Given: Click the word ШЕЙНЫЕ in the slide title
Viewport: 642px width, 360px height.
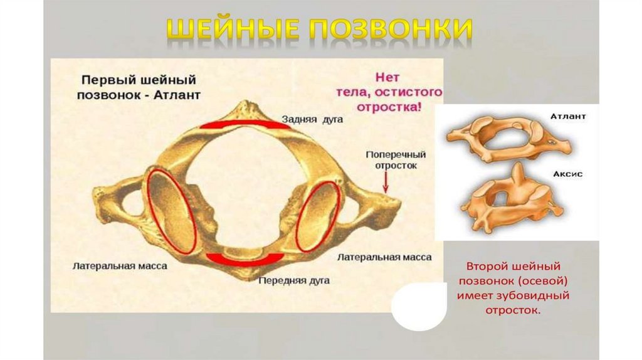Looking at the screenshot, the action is click(235, 31).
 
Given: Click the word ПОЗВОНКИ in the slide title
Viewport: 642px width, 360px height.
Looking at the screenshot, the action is click(389, 31).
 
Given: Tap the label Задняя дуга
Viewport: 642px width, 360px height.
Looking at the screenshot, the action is click(312, 119).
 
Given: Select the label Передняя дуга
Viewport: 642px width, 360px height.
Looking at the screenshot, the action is click(294, 280).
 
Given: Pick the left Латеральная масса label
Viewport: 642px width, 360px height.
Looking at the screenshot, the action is click(120, 266).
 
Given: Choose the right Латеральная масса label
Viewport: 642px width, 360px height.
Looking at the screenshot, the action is click(384, 257).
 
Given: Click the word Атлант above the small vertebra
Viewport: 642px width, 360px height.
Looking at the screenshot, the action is click(568, 117).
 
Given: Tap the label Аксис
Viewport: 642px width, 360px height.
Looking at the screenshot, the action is click(567, 174).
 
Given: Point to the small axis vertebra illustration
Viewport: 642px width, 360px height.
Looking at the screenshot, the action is click(511, 200).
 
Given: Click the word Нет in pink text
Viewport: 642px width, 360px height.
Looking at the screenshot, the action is click(387, 78).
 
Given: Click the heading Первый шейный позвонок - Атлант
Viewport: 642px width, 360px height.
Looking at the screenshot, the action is click(139, 88).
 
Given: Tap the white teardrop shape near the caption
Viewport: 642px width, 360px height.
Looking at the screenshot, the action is click(419, 307).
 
